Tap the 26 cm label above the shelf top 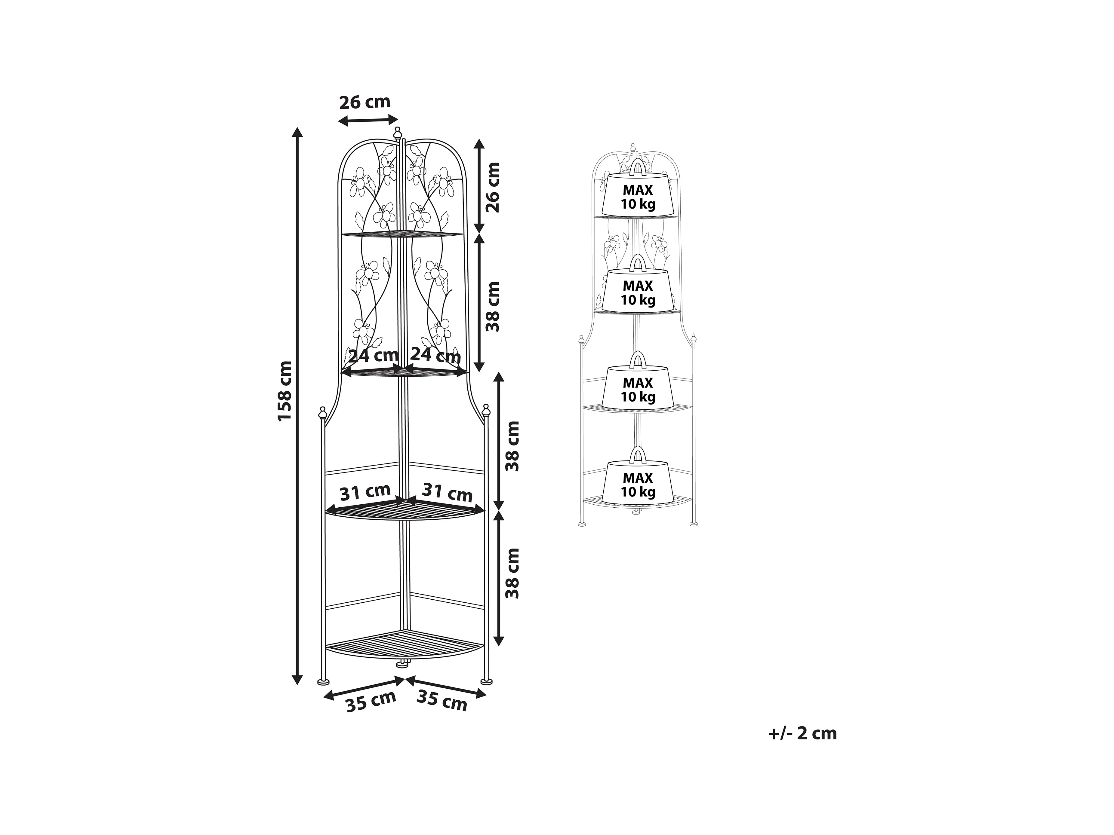click(365, 102)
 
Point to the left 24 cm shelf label click(373, 355)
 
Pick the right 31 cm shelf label click(447, 492)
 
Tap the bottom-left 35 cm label click(371, 701)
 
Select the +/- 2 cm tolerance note click(802, 733)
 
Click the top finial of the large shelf click(397, 133)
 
